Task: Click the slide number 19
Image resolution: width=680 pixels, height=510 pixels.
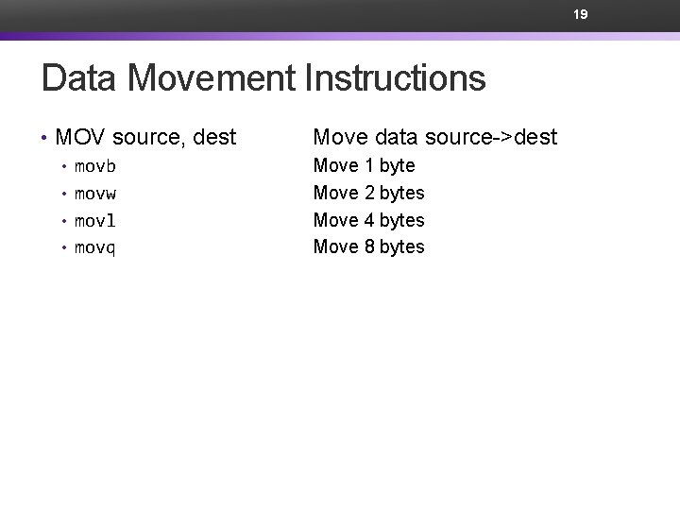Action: coord(580,14)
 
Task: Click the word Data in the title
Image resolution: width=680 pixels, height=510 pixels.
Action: coord(79,78)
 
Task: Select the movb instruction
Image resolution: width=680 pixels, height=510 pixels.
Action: coord(94,166)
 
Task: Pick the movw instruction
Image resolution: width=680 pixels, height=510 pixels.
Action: coord(94,194)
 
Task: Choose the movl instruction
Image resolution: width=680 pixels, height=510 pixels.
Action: coord(94,221)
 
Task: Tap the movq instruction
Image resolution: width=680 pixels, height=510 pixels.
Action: coord(94,248)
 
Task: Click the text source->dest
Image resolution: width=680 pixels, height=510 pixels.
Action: coord(491,138)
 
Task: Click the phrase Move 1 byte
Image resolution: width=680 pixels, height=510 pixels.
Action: coord(364,166)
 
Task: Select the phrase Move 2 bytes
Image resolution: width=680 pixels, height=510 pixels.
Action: coord(368,194)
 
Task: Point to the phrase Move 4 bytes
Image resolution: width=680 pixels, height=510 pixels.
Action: coord(368,221)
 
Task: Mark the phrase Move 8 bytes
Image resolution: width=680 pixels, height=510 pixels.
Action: coord(368,247)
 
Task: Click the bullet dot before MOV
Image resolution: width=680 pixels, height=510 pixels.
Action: coord(44,139)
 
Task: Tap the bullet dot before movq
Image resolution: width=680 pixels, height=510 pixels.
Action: coord(64,249)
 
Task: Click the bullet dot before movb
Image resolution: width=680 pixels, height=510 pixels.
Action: coord(64,167)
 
